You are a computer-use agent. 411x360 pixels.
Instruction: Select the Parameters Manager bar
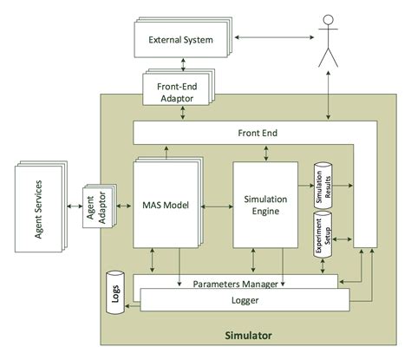tap(230, 283)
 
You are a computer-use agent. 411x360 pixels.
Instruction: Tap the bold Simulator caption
tap(248, 334)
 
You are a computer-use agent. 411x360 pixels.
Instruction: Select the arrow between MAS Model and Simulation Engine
tap(218, 206)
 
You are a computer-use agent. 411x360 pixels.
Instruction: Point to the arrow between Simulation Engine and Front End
tap(264, 152)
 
